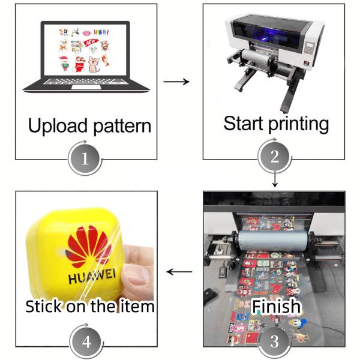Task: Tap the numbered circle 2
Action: (275, 158)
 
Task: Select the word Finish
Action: (275, 307)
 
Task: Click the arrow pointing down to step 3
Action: (274, 179)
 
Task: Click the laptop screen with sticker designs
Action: (86, 48)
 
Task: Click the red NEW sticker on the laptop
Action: (92, 44)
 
